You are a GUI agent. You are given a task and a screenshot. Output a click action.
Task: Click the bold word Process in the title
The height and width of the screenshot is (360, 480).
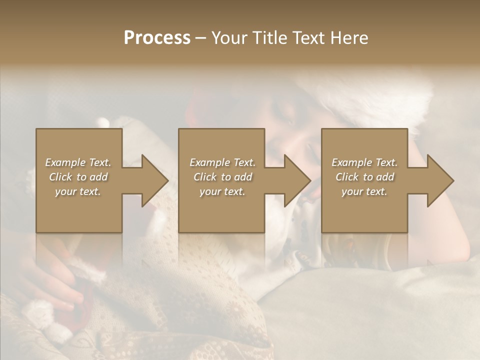click(157, 38)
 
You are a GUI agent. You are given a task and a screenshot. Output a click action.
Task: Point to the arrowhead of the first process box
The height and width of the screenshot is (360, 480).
click(155, 180)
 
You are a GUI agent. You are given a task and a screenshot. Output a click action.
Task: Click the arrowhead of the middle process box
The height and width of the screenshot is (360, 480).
click(298, 180)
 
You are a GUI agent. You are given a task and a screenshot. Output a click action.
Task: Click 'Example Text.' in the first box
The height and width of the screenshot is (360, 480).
click(78, 162)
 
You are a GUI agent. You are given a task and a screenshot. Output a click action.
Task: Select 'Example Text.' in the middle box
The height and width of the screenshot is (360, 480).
click(222, 162)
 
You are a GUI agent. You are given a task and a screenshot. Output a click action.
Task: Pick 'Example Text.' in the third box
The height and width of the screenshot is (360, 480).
click(364, 162)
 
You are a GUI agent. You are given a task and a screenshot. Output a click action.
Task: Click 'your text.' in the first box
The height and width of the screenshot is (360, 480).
click(78, 191)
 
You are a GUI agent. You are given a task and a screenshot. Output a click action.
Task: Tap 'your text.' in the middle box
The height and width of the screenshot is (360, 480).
click(222, 191)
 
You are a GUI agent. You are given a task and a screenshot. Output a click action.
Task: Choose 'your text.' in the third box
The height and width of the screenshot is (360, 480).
click(364, 191)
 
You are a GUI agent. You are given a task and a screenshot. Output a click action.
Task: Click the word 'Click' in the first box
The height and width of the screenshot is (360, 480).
click(61, 177)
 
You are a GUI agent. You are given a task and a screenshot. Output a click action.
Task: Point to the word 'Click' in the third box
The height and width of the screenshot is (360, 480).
click(348, 177)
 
